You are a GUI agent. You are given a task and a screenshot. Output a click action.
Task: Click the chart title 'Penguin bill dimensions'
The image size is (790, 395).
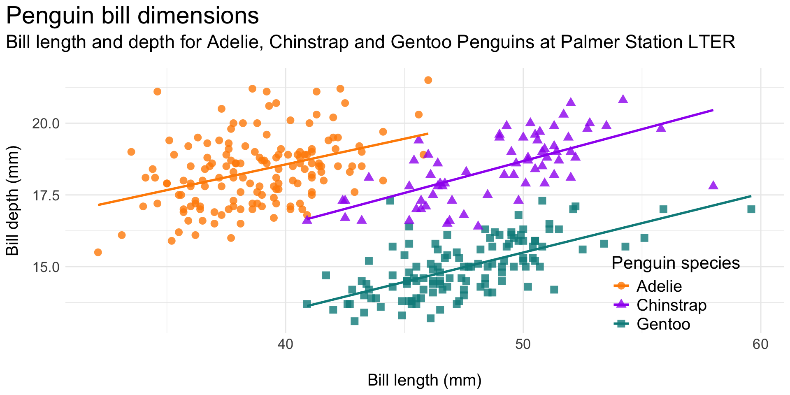pos(132,16)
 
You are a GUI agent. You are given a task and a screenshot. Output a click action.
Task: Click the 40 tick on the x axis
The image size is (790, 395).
pos(286,344)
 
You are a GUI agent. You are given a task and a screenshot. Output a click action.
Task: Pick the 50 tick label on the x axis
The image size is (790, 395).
pos(523,344)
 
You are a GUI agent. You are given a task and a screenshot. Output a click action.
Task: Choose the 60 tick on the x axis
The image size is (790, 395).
pos(760,344)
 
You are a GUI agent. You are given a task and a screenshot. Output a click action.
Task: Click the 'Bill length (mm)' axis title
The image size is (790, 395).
pos(424,381)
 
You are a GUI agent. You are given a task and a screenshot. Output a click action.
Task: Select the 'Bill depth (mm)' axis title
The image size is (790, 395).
pos(13,201)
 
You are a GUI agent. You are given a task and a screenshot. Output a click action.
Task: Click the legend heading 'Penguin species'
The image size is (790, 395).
pos(676,263)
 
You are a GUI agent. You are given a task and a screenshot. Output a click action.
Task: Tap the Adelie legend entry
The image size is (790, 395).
pos(659,286)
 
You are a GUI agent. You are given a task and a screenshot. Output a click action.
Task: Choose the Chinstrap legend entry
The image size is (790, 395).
pos(671,305)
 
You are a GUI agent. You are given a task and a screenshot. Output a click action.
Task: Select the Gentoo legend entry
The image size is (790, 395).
pos(663,324)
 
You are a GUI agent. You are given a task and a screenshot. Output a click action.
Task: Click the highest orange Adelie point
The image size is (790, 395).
pos(428,80)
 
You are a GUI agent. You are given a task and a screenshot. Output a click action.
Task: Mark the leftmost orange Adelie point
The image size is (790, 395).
pos(98,252)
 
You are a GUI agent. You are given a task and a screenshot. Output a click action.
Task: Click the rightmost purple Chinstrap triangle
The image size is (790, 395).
pos(713,186)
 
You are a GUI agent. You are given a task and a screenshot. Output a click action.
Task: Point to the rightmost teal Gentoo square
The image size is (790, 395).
pos(751,209)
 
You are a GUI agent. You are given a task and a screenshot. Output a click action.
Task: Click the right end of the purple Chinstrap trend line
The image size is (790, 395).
pos(713,110)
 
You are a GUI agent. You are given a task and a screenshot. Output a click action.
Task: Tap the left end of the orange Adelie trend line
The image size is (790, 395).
pos(98,204)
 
